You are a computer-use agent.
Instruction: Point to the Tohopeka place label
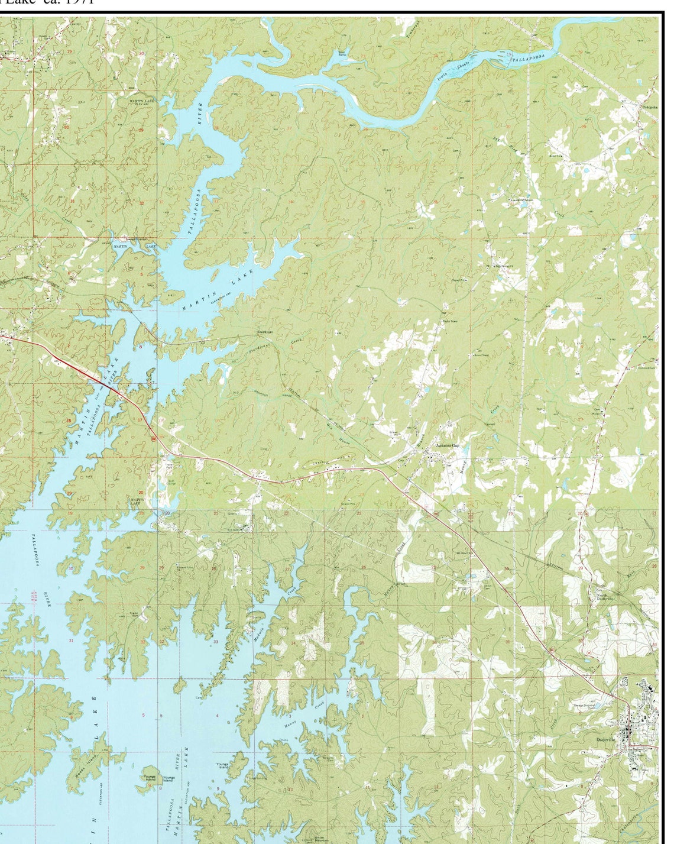(649, 107)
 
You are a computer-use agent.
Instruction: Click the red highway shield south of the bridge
(153, 438)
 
